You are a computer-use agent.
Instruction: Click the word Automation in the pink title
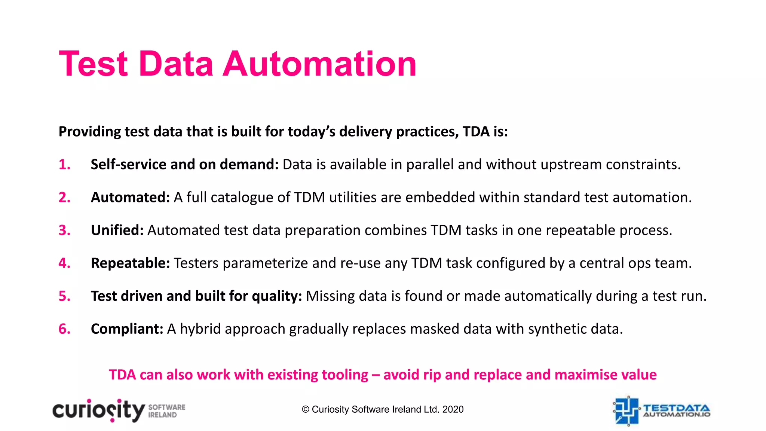pos(320,64)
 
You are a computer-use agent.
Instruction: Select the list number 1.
pos(64,165)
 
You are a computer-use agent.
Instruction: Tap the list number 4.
pos(64,263)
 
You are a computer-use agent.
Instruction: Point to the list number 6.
pos(64,329)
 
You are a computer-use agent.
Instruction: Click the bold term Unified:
pos(117,230)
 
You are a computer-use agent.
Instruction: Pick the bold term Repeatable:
pos(130,263)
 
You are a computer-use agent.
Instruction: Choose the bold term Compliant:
pos(127,329)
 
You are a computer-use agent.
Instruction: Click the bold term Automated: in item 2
pos(130,198)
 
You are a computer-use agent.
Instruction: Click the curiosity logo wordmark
pos(98,411)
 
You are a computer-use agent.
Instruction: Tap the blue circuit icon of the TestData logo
pos(626,411)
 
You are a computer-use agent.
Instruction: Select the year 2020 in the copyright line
pos(453,409)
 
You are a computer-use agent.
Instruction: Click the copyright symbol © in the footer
pos(306,409)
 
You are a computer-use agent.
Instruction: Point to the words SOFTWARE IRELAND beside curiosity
pos(167,411)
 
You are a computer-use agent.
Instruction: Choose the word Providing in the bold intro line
pos(89,132)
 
